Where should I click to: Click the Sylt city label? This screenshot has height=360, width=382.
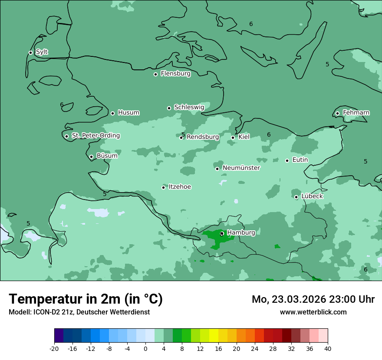[42, 52]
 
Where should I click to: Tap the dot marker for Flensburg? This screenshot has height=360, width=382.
[155, 74]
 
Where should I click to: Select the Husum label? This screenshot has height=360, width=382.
[128, 113]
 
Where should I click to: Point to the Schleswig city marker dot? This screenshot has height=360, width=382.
[169, 108]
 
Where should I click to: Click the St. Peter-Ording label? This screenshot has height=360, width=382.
[95, 136]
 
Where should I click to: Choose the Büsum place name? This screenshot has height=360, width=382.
[107, 156]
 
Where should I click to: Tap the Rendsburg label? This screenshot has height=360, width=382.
[203, 137]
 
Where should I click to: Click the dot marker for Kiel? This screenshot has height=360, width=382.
[233, 137]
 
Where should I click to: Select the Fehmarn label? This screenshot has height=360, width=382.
[356, 113]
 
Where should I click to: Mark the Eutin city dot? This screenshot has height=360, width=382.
[287, 160]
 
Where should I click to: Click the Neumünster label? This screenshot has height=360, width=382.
[241, 168]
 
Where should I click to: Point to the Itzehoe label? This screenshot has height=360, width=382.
[180, 187]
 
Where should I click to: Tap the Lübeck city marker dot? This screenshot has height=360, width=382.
[296, 197]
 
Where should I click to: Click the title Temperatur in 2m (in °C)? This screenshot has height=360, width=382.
[86, 299]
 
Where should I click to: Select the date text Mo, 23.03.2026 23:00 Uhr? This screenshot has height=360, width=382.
[313, 299]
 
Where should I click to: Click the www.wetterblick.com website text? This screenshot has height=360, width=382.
[313, 312]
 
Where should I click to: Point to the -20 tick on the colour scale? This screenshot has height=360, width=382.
[54, 349]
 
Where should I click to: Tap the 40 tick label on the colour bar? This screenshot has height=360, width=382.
[327, 349]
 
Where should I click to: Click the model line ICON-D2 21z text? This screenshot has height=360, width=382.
[79, 312]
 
